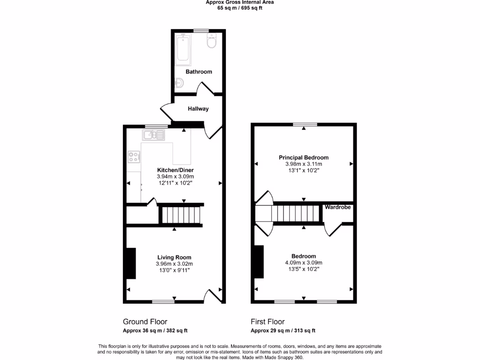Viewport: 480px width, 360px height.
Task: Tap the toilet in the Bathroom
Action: [x=211, y=42]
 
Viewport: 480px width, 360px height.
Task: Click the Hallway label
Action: [x=198, y=109]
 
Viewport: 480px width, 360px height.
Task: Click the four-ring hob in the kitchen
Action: [x=134, y=157]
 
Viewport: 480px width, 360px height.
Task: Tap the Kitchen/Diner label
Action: [x=175, y=170]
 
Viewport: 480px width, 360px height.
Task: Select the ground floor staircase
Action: [x=180, y=216]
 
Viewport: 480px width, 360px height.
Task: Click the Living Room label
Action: [x=174, y=257]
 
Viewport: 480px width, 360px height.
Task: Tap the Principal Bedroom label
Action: [x=303, y=157]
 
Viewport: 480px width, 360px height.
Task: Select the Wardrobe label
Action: [x=337, y=207]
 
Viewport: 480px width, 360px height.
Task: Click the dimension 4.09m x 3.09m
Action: [x=303, y=262]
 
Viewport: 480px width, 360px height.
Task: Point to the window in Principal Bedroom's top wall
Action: [x=305, y=124]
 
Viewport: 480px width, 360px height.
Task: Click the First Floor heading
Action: [x=267, y=322]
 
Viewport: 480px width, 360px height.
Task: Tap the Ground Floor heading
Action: [x=145, y=322]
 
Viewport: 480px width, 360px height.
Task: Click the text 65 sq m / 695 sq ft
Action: [x=240, y=8]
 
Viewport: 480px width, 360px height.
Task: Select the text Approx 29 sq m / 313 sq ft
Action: [x=283, y=330]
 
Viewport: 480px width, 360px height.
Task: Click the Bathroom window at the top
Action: [x=201, y=31]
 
